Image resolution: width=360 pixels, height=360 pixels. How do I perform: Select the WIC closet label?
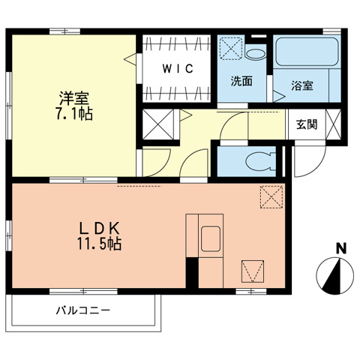[x=178, y=69]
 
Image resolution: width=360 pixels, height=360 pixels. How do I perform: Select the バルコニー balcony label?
[x=82, y=309]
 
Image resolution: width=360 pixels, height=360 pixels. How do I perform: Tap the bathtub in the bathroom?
[x=307, y=53]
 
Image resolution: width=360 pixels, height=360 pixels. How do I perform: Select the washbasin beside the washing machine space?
[x=256, y=53]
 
